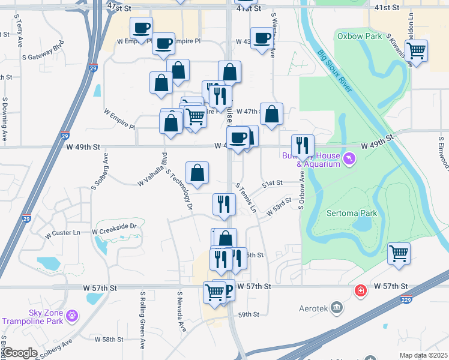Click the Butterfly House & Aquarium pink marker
point(350,158)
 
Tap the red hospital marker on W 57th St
point(360,291)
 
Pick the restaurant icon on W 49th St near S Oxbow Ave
point(303,145)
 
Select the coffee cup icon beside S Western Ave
point(262,38)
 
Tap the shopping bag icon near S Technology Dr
point(197,173)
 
